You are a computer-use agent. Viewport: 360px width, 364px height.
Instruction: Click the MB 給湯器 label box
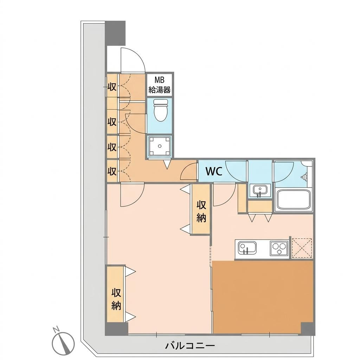(160, 85)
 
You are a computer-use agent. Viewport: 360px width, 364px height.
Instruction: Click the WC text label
(214, 171)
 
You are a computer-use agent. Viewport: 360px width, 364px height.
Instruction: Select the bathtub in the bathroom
(293, 200)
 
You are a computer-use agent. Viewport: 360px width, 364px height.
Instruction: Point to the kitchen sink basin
(247, 249)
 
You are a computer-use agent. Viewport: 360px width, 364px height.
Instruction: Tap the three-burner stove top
(279, 248)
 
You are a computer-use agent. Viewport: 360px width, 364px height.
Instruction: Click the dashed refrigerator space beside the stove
(302, 248)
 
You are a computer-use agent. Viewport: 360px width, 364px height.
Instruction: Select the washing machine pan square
(160, 146)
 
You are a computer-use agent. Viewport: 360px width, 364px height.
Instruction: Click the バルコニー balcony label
(190, 346)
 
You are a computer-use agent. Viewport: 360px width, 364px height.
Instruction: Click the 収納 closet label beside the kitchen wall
(201, 211)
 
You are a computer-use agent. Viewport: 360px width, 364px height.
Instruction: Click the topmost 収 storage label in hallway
(112, 87)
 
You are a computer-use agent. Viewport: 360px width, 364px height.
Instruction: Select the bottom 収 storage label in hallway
(112, 171)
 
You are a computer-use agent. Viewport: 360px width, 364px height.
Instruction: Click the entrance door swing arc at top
(133, 59)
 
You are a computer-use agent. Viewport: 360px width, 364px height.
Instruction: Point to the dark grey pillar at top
(115, 33)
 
